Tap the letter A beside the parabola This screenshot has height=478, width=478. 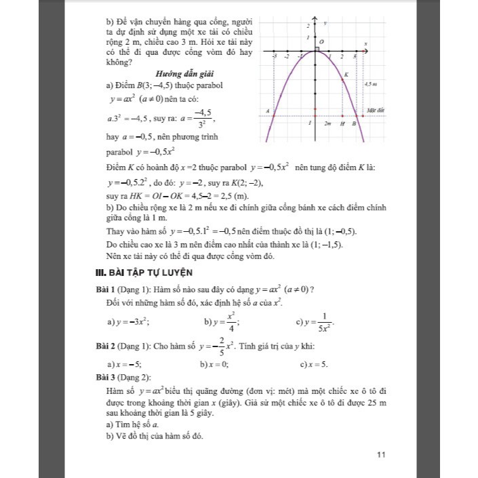[x=267, y=111]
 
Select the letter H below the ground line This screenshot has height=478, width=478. [x=342, y=124]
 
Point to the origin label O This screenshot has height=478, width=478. [x=322, y=42]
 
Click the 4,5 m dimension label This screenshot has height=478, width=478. [x=370, y=83]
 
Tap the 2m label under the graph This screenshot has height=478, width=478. [x=327, y=124]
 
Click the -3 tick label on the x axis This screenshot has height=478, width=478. [x=275, y=57]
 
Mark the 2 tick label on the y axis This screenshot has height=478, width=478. [x=308, y=24]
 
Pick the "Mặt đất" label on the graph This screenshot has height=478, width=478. [x=375, y=108]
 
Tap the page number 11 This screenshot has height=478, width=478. [x=380, y=454]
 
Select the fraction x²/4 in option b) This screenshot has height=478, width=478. [x=230, y=321]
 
